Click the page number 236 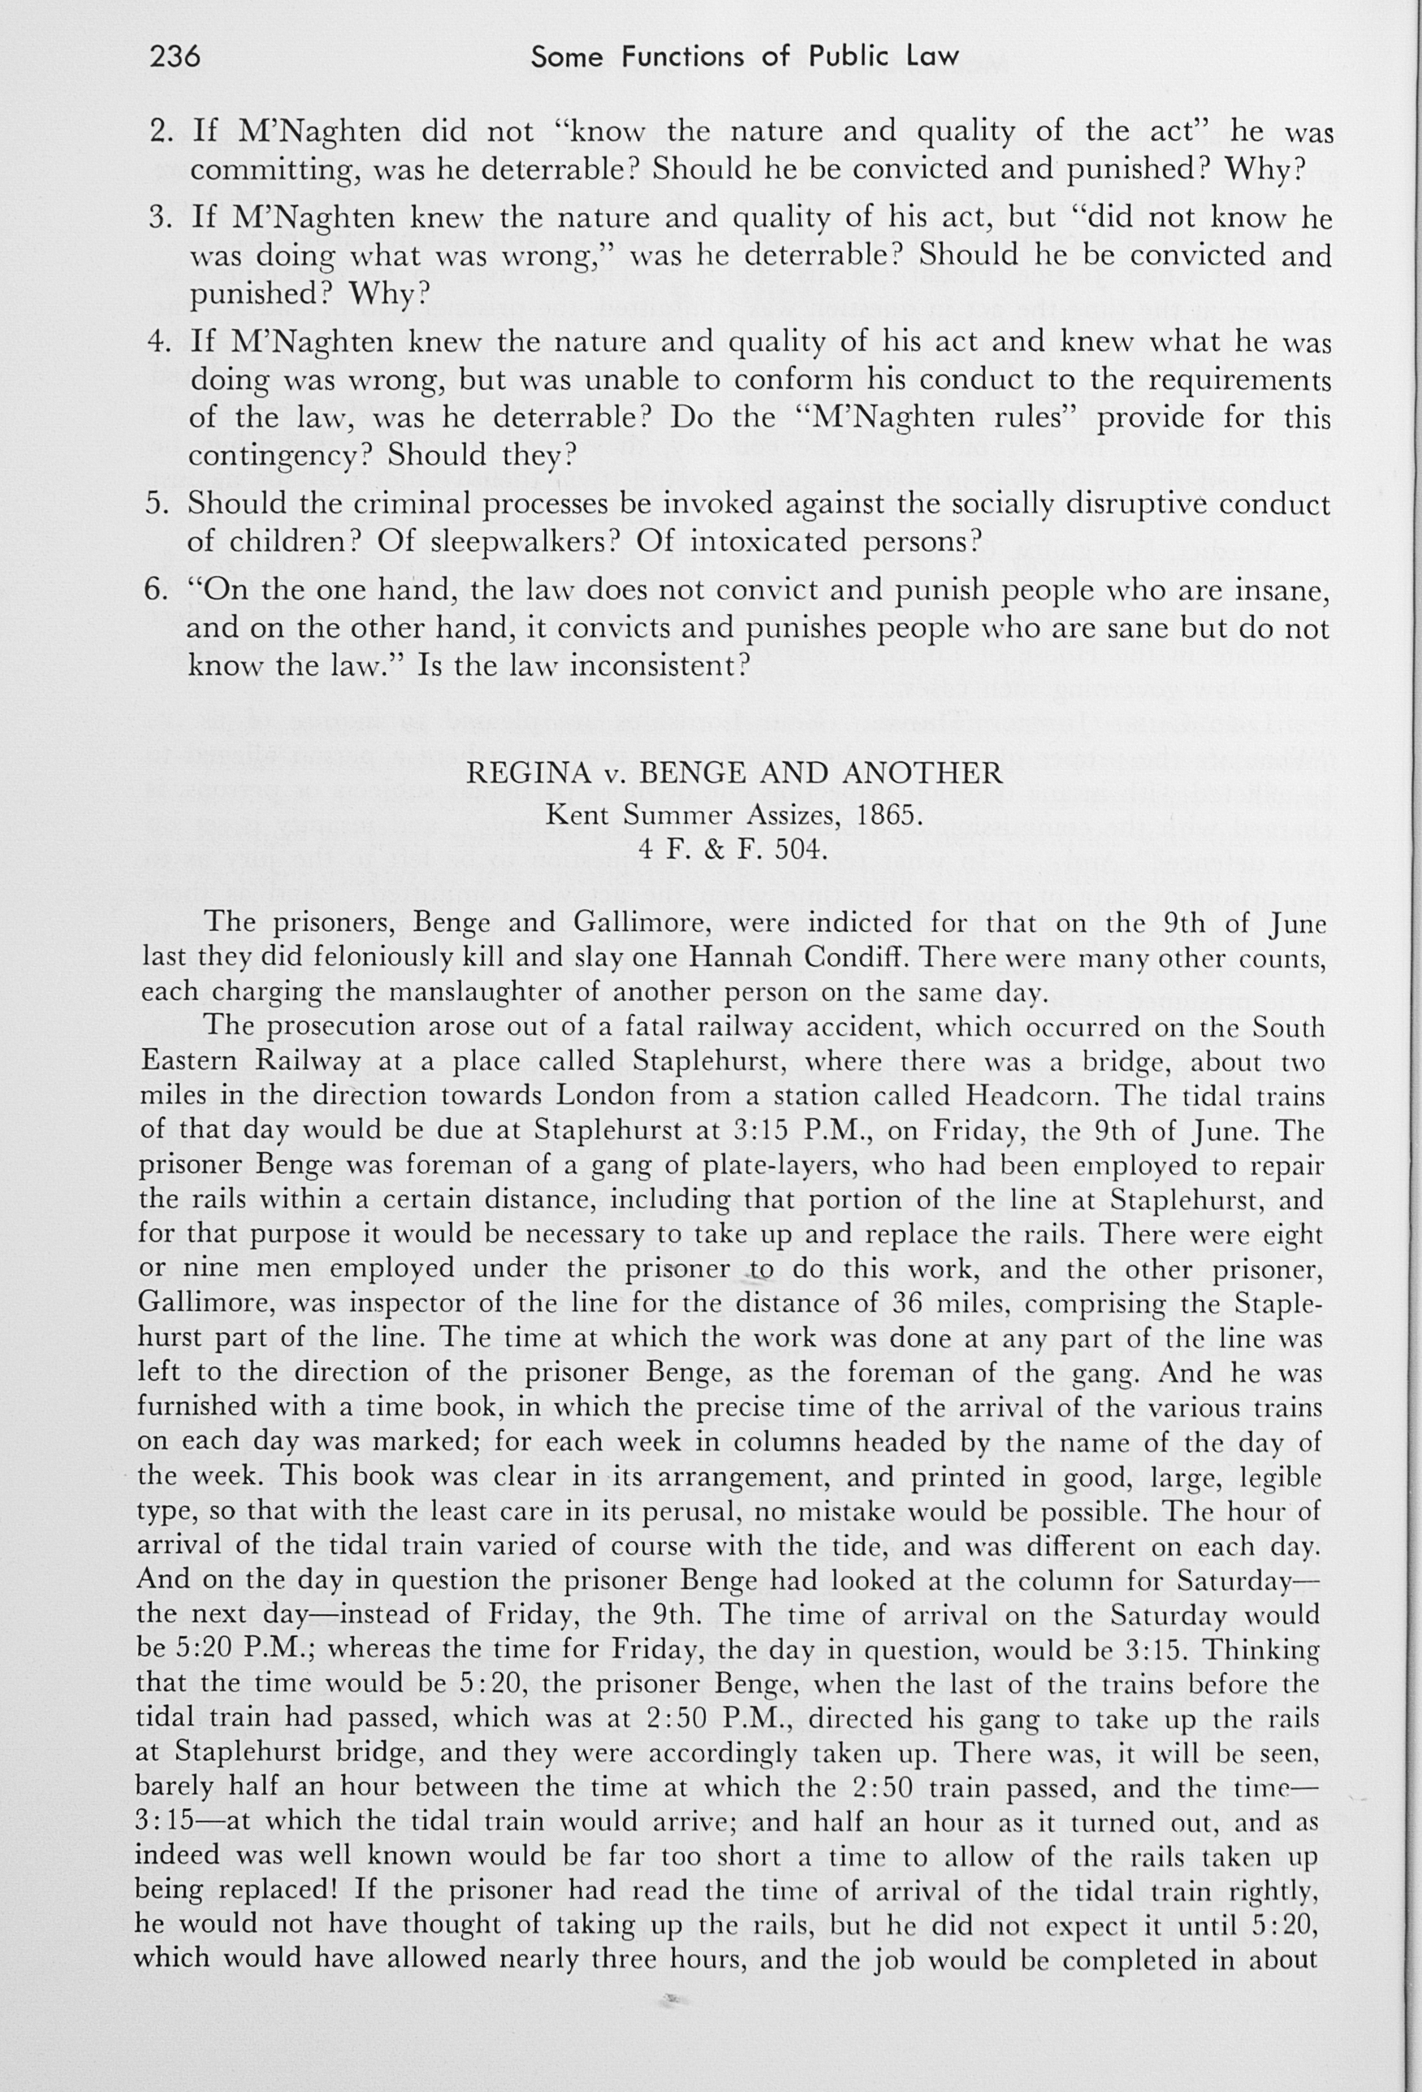coord(175,57)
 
